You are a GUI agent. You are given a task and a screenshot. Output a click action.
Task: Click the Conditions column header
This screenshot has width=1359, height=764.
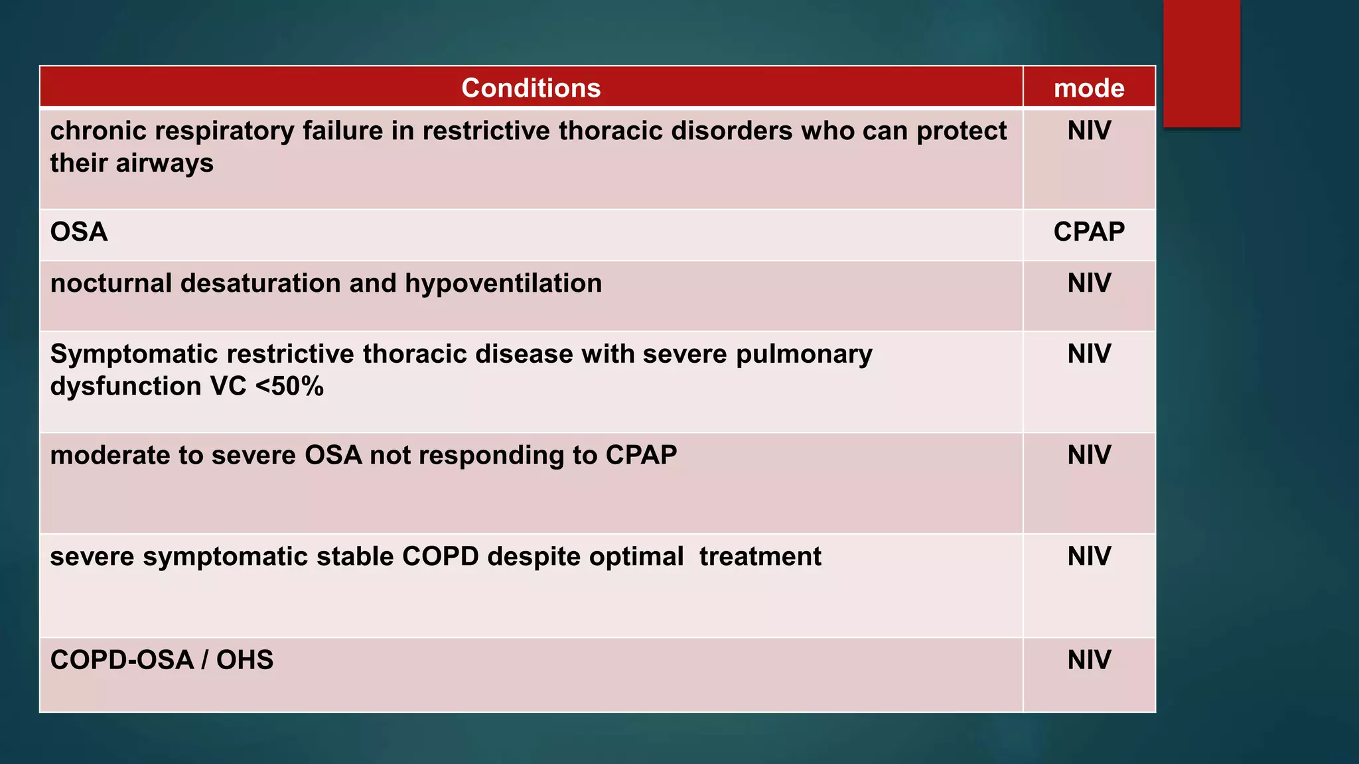[x=531, y=88]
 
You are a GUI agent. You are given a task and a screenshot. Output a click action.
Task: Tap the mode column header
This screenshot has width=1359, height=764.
[x=1089, y=88]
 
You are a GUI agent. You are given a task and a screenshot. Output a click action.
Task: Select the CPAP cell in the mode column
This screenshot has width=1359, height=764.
[x=1089, y=232]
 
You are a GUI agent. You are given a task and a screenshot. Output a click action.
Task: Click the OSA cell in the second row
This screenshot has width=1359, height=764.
[x=79, y=232]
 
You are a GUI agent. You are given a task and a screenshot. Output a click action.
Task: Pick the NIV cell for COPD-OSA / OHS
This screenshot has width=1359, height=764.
[x=1089, y=660]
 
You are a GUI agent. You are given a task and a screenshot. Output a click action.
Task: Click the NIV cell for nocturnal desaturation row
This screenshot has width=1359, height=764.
[x=1089, y=283]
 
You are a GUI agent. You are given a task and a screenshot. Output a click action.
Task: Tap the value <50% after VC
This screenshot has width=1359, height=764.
[x=289, y=386]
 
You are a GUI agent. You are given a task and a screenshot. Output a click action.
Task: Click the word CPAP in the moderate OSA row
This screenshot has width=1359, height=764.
[x=641, y=455]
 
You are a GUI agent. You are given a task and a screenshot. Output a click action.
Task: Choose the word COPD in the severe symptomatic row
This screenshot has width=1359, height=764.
[x=440, y=556]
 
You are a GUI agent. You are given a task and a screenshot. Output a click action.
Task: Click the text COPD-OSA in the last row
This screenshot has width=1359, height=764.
[x=121, y=660]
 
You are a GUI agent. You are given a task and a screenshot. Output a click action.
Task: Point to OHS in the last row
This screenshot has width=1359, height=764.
[x=244, y=660]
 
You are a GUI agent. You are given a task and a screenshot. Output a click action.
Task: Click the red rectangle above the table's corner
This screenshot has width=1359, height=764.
[x=1201, y=63]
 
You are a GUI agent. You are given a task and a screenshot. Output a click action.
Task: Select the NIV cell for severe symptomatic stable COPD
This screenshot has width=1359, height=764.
[x=1089, y=556]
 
